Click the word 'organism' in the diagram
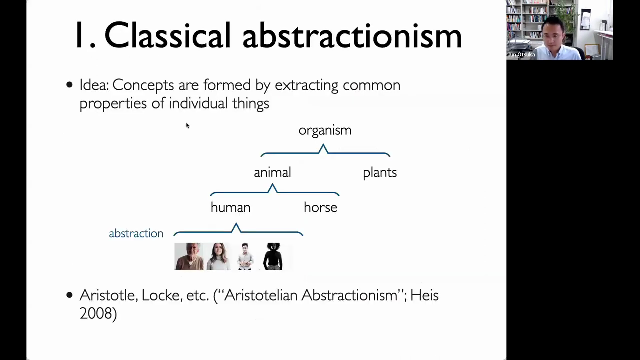click(325, 131)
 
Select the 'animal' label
click(272, 172)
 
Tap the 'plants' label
click(380, 173)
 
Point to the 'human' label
click(230, 207)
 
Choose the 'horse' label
click(320, 207)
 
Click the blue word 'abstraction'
click(136, 233)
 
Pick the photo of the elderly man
click(189, 256)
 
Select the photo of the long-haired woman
click(218, 256)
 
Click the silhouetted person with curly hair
click(273, 256)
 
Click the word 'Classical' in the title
click(167, 35)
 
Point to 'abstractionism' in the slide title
click(352, 35)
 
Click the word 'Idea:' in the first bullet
click(94, 85)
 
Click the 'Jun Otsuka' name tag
click(521, 55)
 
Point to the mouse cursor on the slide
click(187, 125)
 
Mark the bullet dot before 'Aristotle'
click(69, 295)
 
